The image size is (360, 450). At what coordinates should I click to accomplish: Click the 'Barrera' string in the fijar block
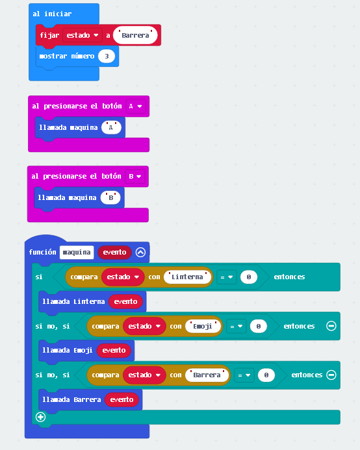[x=135, y=35]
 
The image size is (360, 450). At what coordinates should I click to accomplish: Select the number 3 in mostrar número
[x=107, y=56]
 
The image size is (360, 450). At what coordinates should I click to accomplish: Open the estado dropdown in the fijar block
[x=83, y=35]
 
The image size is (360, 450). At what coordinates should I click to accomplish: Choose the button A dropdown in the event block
[x=136, y=106]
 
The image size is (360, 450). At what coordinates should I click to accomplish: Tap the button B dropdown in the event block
[x=135, y=176]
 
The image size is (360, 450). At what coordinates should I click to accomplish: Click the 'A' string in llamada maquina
[x=111, y=127]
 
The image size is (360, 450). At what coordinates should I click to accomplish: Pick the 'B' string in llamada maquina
[x=110, y=198]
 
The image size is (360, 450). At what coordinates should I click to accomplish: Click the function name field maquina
[x=77, y=252]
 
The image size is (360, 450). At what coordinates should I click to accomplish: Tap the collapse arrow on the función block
[x=140, y=252]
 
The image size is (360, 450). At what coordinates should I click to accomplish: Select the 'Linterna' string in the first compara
[x=187, y=277]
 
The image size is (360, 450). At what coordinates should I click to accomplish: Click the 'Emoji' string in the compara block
[x=203, y=327]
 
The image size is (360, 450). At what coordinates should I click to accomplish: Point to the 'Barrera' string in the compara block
[x=207, y=375]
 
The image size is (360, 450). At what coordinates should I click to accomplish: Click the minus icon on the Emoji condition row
[x=331, y=326]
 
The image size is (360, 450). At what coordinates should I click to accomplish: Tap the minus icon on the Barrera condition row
[x=331, y=375]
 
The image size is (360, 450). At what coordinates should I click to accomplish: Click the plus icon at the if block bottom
[x=40, y=417]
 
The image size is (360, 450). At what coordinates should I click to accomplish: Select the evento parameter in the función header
[x=114, y=252]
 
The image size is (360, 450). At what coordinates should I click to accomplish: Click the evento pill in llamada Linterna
[x=125, y=302]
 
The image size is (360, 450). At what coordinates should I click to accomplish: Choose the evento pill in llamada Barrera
[x=122, y=400]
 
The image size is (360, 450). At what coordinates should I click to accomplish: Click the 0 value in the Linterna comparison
[x=249, y=277]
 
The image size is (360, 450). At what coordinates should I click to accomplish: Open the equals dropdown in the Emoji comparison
[x=236, y=327]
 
